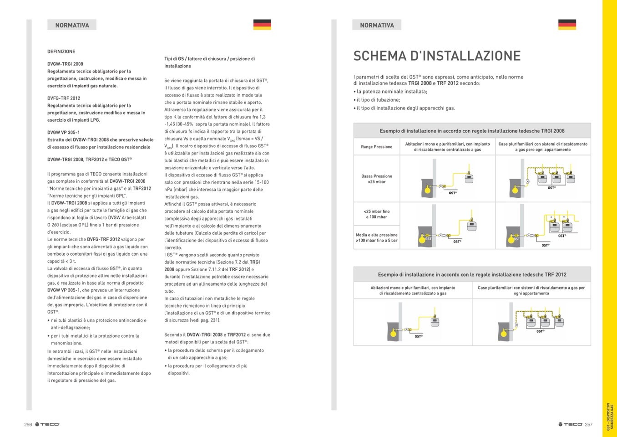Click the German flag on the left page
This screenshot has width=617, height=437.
click(262, 25)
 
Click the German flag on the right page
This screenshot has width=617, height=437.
click(567, 25)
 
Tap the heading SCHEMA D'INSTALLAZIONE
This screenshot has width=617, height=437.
click(437, 56)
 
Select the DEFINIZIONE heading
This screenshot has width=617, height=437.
click(61, 51)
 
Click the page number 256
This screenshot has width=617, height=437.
click(28, 425)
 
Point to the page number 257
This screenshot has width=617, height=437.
click(589, 425)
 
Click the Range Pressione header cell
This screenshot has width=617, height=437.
click(377, 147)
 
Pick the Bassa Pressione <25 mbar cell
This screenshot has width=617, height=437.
click(377, 179)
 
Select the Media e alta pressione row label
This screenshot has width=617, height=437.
click(377, 237)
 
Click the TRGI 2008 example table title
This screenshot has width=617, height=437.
click(472, 131)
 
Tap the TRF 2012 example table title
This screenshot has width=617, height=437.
click(472, 275)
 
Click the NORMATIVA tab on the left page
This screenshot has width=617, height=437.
click(72, 25)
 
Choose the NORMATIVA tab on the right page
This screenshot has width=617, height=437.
click(377, 25)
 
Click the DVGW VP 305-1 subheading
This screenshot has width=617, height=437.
click(63, 133)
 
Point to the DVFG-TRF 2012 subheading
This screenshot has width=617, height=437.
click(64, 98)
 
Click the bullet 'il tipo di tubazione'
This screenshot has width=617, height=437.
click(378, 100)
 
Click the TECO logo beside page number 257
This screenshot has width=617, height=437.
click(570, 425)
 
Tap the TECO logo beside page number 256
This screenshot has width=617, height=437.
click(47, 425)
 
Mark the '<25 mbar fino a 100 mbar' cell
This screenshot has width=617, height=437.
click(377, 214)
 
